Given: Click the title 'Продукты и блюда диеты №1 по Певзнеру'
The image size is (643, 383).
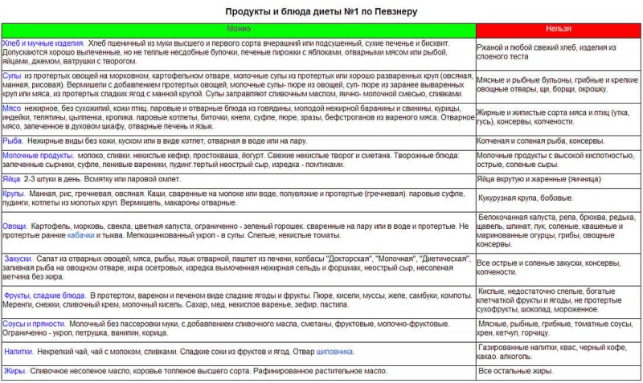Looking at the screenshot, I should pyautogui.click(x=321, y=12).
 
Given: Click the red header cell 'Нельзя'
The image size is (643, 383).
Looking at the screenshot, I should pyautogui.click(x=559, y=29).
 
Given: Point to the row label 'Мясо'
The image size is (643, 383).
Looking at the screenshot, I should pyautogui.click(x=12, y=108).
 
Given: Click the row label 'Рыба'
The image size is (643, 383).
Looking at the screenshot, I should pyautogui.click(x=14, y=141).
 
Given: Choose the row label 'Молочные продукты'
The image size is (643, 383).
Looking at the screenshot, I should pyautogui.click(x=39, y=155).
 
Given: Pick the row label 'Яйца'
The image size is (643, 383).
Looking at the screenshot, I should pyautogui.click(x=12, y=181).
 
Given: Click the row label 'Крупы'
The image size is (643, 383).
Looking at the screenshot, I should pyautogui.click(x=14, y=194).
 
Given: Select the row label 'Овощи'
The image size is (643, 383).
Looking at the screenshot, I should pyautogui.click(x=14, y=226).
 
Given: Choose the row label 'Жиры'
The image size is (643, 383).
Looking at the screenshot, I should pyautogui.click(x=14, y=371).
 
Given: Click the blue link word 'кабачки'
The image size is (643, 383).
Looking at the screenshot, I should pyautogui.click(x=80, y=237).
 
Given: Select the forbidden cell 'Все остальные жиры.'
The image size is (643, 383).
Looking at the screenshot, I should pyautogui.click(x=515, y=372).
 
